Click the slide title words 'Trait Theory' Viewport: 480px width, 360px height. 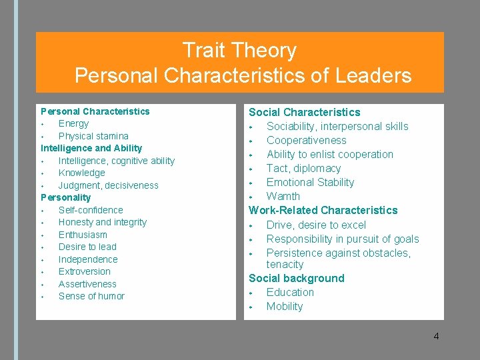point(239,51)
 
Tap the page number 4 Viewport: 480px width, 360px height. point(436,336)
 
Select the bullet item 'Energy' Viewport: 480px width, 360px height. point(73,123)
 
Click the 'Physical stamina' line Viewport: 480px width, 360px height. point(93,136)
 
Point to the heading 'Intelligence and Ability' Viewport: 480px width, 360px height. point(91,148)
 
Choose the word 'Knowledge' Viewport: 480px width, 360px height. point(81,173)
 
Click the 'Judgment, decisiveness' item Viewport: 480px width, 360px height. point(108,185)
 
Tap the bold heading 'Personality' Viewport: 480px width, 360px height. point(66,197)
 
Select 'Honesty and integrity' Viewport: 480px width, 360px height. point(103,222)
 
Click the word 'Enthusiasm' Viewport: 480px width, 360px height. point(83,235)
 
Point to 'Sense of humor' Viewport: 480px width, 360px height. point(91,296)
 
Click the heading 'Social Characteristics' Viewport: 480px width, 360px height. point(304,112)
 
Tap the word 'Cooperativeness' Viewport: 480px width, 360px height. point(306,140)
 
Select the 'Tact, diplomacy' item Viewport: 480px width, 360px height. point(303,168)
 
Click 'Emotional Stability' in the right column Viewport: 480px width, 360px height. point(310,182)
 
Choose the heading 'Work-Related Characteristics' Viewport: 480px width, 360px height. point(323,210)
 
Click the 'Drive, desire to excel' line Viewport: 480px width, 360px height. point(316,225)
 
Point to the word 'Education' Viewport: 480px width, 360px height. point(290,292)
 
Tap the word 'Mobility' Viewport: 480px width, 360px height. point(285,306)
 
